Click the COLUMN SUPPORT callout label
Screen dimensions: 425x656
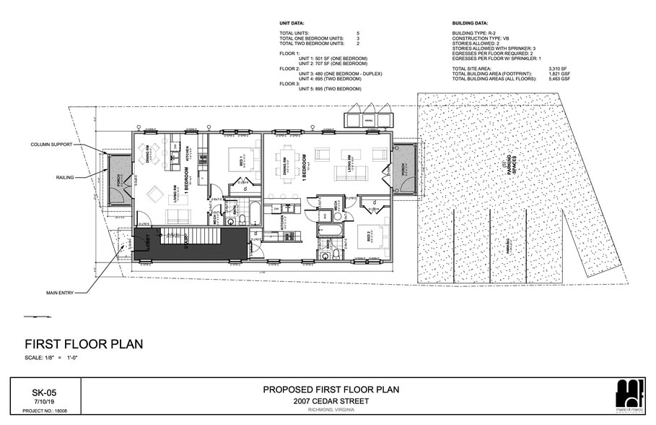click(51, 145)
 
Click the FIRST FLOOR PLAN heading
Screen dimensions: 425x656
click(84, 344)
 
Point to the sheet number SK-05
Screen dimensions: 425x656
click(44, 392)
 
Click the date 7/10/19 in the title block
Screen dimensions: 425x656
click(44, 400)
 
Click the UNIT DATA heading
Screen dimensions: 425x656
click(292, 23)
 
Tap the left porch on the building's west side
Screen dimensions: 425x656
click(118, 177)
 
